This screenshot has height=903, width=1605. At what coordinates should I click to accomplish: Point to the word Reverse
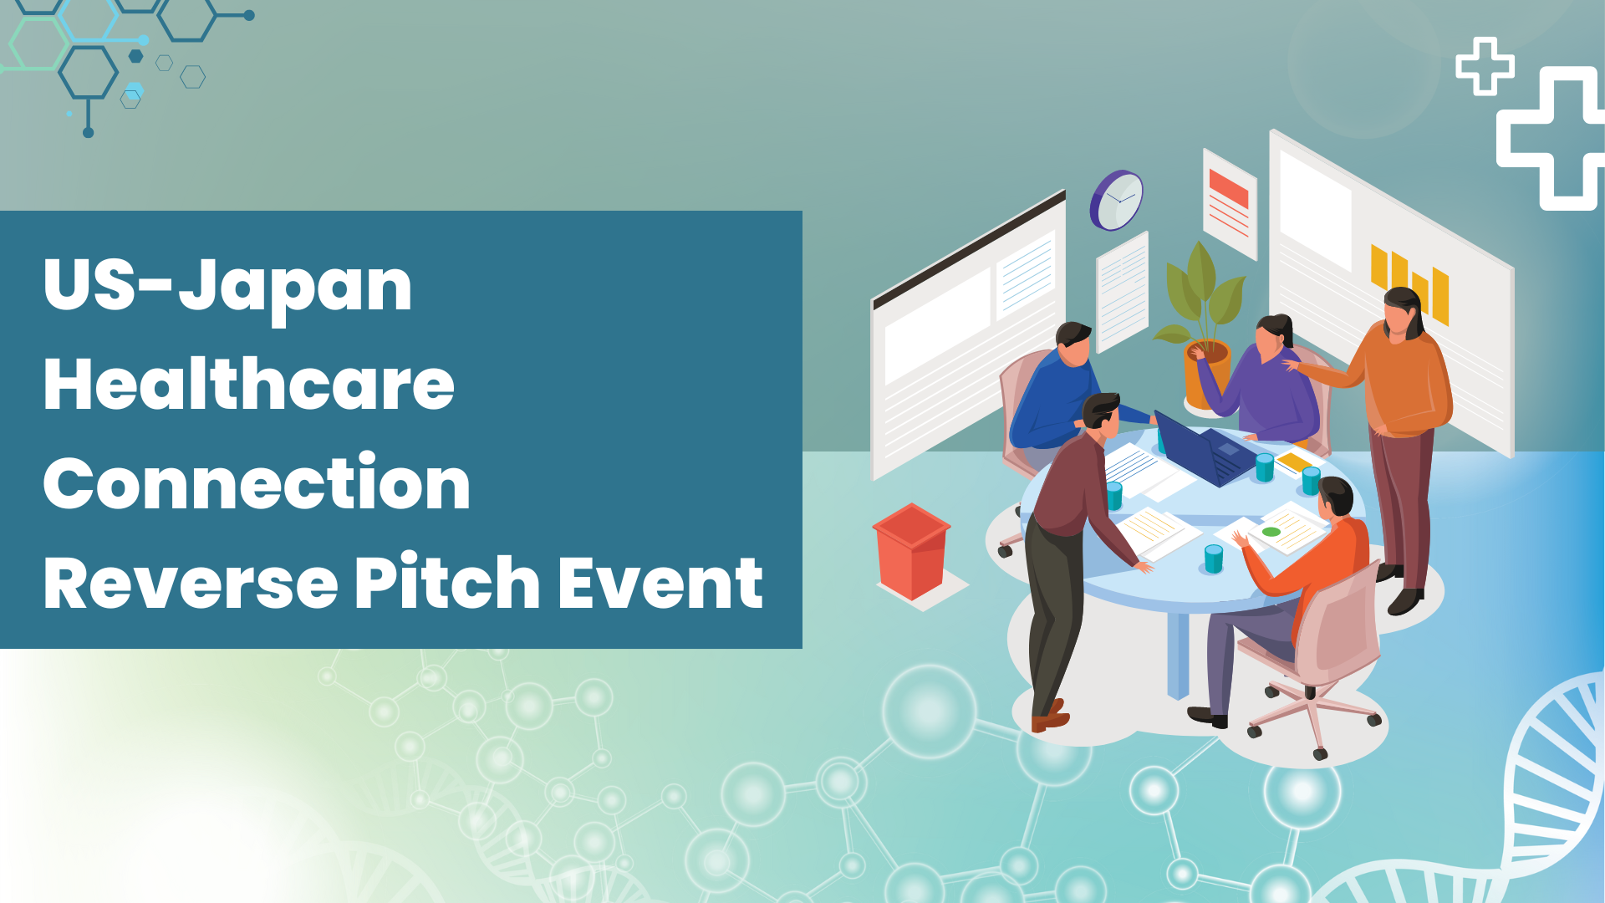coord(191,583)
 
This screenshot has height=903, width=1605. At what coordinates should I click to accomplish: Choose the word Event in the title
coord(660,583)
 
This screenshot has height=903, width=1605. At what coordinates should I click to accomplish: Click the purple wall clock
coord(1116,201)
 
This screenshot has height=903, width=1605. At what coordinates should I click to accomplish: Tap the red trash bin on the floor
coord(911,552)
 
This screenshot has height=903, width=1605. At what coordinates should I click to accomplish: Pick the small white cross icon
coord(1485,66)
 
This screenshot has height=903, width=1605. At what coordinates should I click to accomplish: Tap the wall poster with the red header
coord(1230,204)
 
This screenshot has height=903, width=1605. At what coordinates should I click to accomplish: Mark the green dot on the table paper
coord(1271,532)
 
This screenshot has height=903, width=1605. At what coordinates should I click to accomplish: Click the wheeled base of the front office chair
coord(1312,715)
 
